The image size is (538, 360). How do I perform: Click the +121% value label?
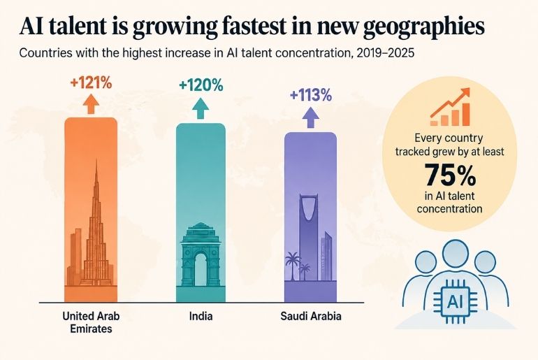(x=91, y=82)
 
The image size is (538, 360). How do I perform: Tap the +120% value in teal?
(x=201, y=85)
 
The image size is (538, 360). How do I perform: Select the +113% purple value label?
(x=311, y=95)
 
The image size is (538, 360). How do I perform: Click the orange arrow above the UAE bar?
(x=91, y=103)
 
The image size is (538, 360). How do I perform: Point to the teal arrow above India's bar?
(x=201, y=108)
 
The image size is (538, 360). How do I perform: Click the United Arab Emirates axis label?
(x=91, y=322)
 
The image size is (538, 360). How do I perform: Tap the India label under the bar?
(x=201, y=316)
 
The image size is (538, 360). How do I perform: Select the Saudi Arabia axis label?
(x=311, y=316)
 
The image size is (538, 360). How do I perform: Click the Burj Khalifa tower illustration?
(x=96, y=233)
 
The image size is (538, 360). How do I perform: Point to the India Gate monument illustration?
(x=201, y=254)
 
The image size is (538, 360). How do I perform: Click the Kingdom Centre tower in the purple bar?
(x=308, y=237)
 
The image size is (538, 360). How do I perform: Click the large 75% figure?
(x=450, y=174)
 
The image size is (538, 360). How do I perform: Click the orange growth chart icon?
(x=450, y=107)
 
